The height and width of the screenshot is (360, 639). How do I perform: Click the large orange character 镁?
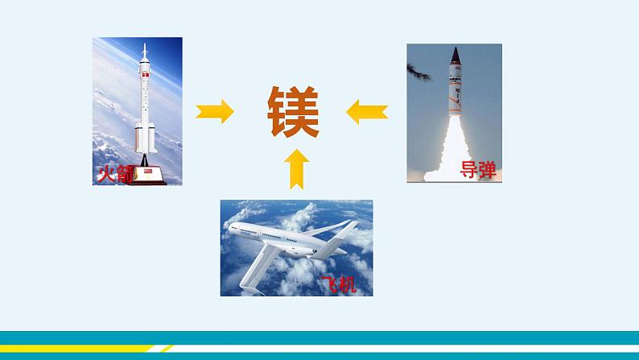tap(293, 112)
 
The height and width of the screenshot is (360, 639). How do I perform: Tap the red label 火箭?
tap(113, 174)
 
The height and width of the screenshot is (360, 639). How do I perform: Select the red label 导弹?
tap(477, 170)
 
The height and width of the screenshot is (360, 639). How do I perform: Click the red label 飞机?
tap(336, 284)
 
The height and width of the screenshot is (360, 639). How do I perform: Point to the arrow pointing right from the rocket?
tap(215, 111)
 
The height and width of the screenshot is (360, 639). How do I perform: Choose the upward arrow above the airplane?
tap(296, 169)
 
